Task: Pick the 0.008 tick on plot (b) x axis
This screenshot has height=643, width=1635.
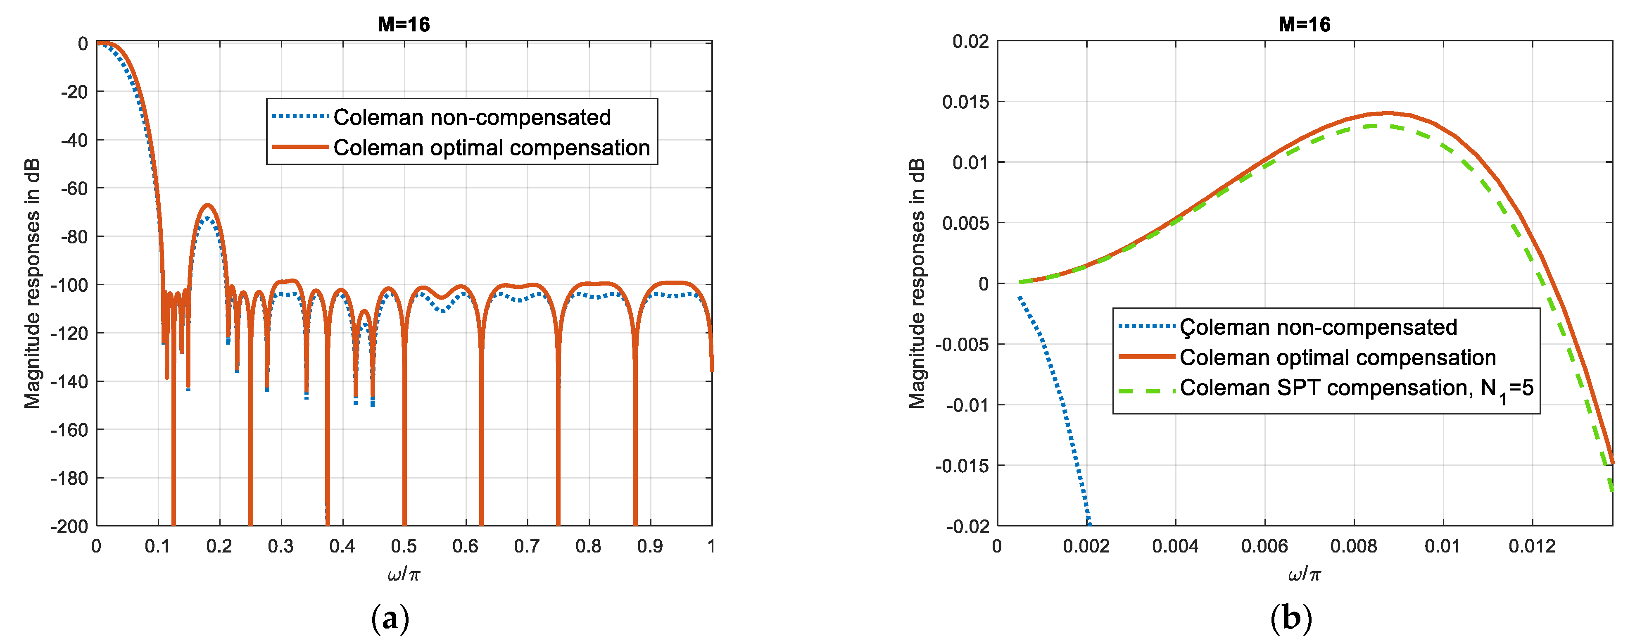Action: [x=1353, y=546]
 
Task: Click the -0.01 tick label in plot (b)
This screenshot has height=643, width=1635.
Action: [x=967, y=405]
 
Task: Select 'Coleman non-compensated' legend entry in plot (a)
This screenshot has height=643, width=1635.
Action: [x=472, y=117]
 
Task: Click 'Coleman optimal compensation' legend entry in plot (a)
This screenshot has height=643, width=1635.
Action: [x=491, y=147]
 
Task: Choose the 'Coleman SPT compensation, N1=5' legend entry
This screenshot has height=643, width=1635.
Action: [x=1356, y=388]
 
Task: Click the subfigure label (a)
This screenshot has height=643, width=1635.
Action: [x=390, y=618]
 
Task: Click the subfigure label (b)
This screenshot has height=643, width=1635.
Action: [x=1290, y=618]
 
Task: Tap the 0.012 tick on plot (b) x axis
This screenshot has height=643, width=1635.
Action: [x=1532, y=546]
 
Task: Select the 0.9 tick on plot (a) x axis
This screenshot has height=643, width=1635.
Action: [x=650, y=546]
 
